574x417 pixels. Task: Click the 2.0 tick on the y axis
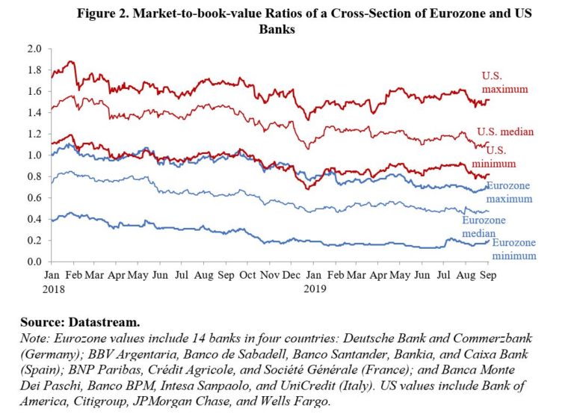[x=32, y=49]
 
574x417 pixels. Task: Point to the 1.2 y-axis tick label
[x=32, y=134]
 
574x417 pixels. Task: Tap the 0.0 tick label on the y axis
[x=32, y=262]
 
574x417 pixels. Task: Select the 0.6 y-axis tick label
[x=32, y=198]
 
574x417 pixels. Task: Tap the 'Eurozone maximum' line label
[x=509, y=193]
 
